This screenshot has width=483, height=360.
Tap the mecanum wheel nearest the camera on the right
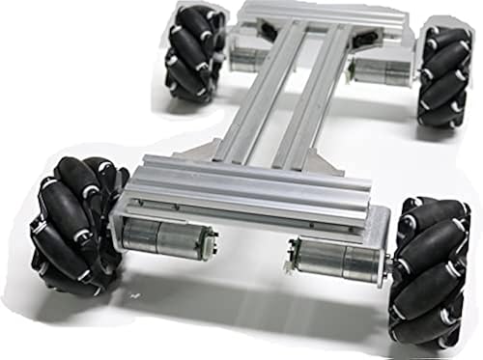pyautogui.click(x=431, y=270)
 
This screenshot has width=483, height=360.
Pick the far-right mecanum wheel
pyautogui.click(x=445, y=76)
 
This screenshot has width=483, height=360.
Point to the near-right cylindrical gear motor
pyautogui.click(x=337, y=260)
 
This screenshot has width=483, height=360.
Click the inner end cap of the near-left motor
pyautogui.click(x=207, y=239)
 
